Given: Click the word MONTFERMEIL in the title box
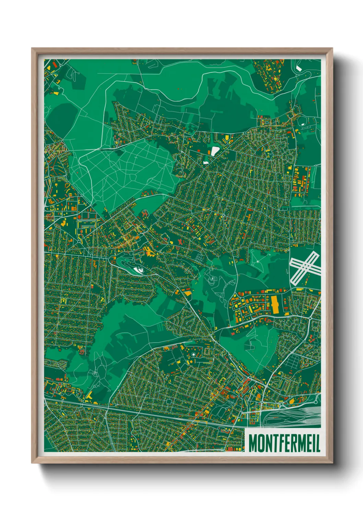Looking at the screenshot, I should (284, 443).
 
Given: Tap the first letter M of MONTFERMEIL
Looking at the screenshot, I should (253, 443).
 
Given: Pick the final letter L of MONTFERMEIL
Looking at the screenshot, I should (317, 443).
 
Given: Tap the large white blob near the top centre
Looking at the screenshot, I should (215, 151).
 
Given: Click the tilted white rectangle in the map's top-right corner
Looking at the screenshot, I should (299, 68).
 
